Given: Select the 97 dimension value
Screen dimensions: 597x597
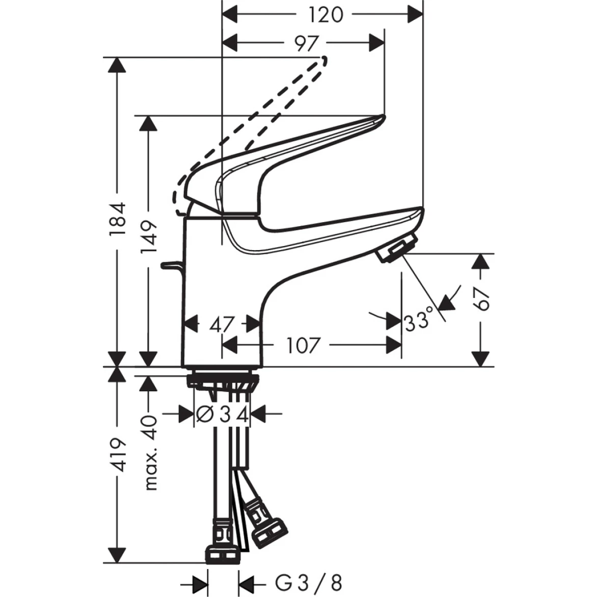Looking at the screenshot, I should [306, 43].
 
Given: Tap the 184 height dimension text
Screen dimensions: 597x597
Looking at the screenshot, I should [118, 219].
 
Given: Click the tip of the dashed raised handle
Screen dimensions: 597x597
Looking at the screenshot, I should [322, 61].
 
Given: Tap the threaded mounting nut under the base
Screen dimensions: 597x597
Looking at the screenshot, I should [222, 381].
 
